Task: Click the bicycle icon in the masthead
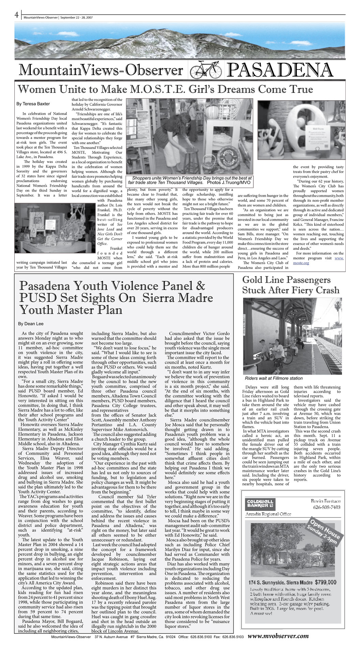206,70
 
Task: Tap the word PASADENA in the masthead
279,70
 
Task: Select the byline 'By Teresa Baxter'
33,104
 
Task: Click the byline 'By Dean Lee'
31,323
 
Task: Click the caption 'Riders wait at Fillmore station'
274,378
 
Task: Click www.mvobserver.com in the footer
278,636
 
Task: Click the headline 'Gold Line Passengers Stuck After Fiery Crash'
290,285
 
